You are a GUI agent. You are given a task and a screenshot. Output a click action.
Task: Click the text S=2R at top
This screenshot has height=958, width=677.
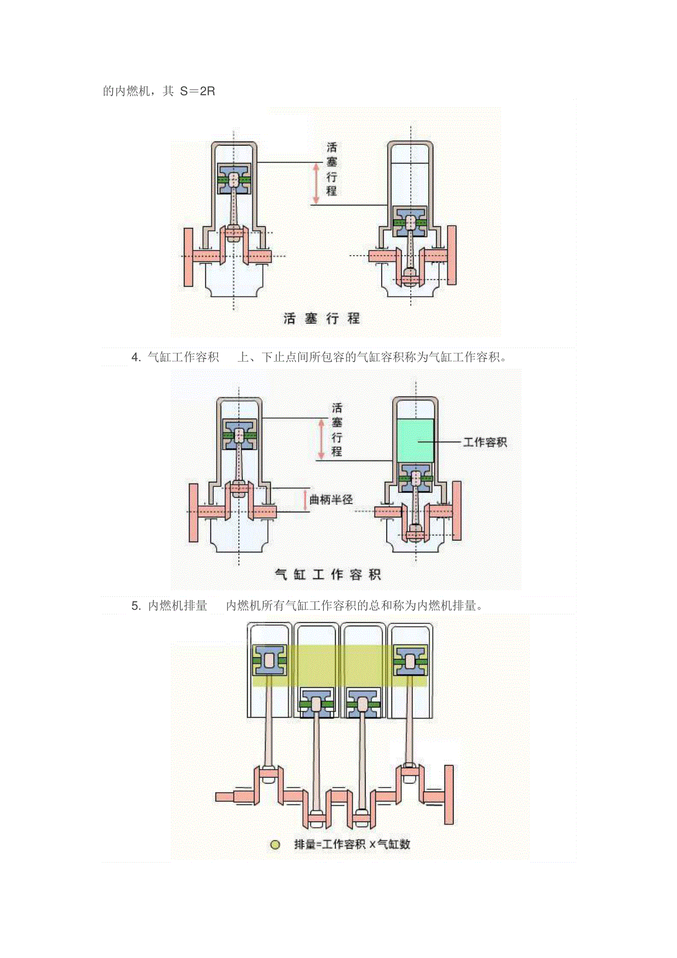[x=197, y=91]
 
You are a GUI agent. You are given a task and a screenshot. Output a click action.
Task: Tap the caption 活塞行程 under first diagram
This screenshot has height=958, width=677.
[x=322, y=318]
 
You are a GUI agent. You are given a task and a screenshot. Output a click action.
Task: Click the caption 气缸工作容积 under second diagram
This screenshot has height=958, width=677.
[x=328, y=574]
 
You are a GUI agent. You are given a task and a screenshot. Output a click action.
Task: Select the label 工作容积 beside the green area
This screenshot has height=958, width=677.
[x=485, y=442]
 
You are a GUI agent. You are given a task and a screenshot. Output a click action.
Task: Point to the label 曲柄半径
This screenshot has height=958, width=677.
[x=331, y=499]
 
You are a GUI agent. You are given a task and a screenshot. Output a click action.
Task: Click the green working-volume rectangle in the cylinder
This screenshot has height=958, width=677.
[x=415, y=441]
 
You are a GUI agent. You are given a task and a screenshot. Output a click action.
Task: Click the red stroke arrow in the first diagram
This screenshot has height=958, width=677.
[x=316, y=184]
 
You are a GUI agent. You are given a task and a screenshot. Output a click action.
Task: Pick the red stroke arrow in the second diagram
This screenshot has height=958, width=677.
[x=322, y=440]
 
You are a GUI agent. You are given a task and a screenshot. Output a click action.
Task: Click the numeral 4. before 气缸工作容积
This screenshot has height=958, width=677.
[x=136, y=357]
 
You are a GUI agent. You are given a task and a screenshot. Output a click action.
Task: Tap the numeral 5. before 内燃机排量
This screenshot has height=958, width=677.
[x=136, y=605]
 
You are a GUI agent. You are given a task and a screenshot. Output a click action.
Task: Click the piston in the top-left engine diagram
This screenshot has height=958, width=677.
[x=234, y=179]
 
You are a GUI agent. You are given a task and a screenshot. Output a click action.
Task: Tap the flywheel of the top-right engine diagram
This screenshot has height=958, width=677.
[x=452, y=256]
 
